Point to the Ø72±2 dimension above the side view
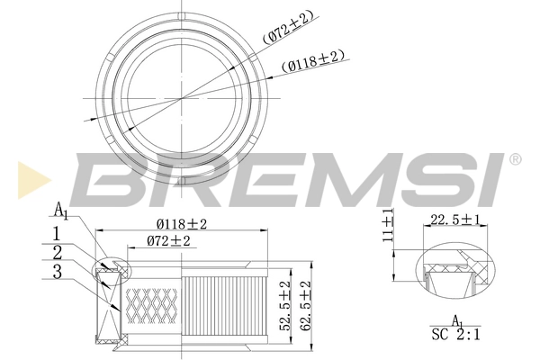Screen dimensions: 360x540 pyautogui.click(x=168, y=241)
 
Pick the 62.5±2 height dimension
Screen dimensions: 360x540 pyautogui.click(x=305, y=305)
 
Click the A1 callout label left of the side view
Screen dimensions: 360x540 pyautogui.click(x=60, y=211)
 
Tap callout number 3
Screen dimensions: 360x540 pyautogui.click(x=57, y=270)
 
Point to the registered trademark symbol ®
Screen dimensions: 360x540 pyautogui.click(x=514, y=160)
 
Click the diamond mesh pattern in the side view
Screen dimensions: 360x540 pyautogui.click(x=153, y=306)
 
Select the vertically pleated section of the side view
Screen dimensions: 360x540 pyautogui.click(x=225, y=306)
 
